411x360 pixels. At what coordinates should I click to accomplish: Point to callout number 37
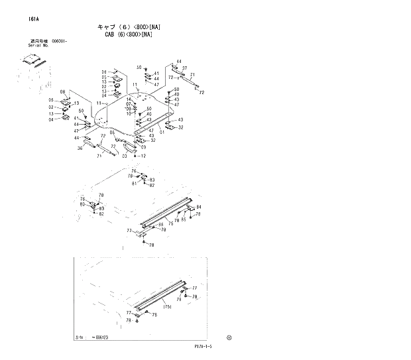[x=184, y=68]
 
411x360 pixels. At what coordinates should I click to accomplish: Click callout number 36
[x=80, y=149]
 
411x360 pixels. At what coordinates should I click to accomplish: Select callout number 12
[x=143, y=156]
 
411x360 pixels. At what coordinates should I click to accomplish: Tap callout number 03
[x=124, y=156]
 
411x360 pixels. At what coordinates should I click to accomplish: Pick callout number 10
[x=129, y=113]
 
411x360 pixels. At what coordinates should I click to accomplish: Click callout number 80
[x=82, y=204]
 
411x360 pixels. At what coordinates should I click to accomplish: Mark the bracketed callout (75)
[x=167, y=307]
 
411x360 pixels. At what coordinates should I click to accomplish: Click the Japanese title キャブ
[x=107, y=27]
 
